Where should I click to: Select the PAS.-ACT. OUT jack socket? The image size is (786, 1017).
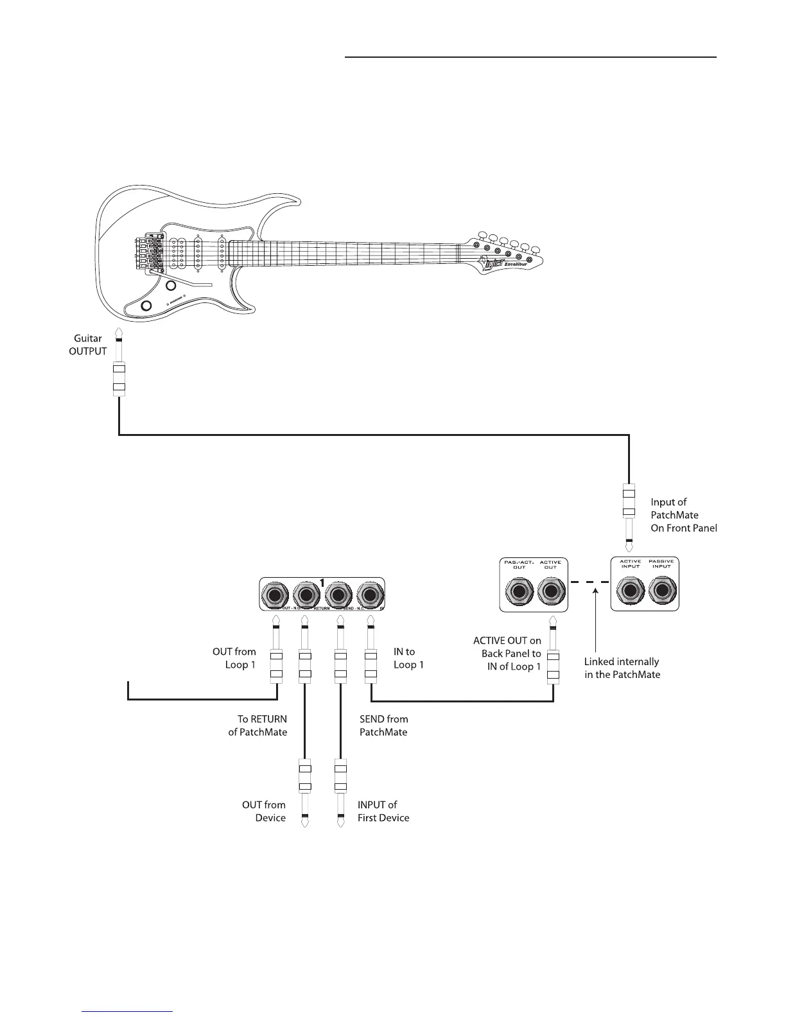[519, 590]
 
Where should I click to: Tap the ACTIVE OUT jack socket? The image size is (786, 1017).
[550, 590]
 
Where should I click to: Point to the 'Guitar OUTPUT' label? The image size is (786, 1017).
[88, 345]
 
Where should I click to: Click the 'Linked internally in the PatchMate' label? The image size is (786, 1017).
[622, 668]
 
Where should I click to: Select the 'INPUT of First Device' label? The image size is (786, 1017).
[383, 811]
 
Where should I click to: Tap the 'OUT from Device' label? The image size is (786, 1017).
[264, 811]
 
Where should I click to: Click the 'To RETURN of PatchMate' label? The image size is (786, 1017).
[258, 726]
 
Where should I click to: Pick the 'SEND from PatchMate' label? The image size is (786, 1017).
[383, 726]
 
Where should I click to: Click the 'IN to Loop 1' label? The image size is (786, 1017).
[408, 658]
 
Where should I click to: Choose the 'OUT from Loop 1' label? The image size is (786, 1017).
[234, 658]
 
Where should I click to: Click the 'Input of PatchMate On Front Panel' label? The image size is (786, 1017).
[683, 515]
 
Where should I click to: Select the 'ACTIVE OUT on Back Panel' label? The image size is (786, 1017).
[508, 654]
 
